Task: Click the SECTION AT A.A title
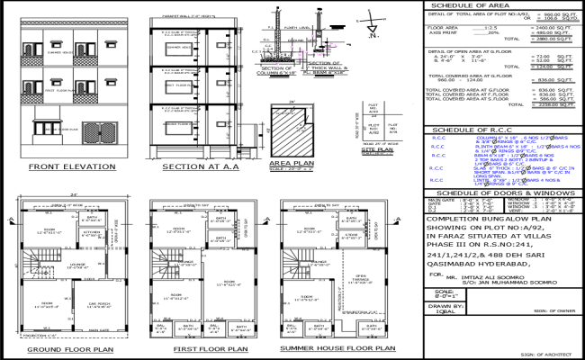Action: [193, 167]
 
